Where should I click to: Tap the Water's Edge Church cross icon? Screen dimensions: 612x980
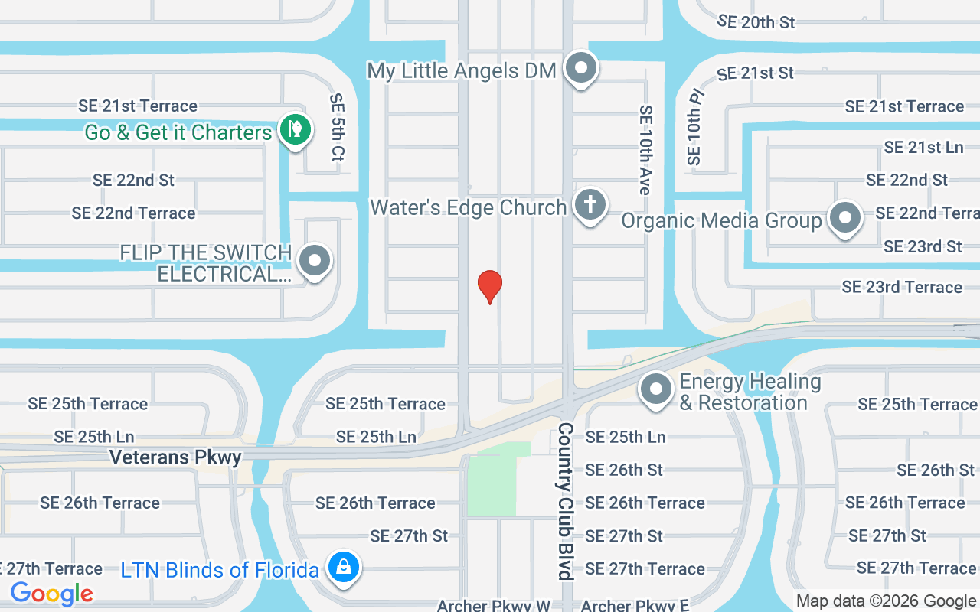pyautogui.click(x=590, y=205)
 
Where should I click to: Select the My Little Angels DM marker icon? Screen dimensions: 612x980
pyautogui.click(x=581, y=69)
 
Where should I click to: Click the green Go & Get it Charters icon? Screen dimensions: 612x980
pyautogui.click(x=295, y=130)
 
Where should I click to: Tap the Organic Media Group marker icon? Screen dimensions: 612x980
pyautogui.click(x=845, y=218)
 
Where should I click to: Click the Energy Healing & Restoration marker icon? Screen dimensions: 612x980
pyautogui.click(x=656, y=390)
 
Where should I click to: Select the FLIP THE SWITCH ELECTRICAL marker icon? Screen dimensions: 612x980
pyautogui.click(x=314, y=261)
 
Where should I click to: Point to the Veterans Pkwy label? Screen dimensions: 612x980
pyautogui.click(x=175, y=457)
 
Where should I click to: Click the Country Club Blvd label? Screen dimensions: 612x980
pyautogui.click(x=566, y=501)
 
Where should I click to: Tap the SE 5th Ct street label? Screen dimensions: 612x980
pyautogui.click(x=337, y=127)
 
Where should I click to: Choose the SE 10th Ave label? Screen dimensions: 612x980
pyautogui.click(x=645, y=150)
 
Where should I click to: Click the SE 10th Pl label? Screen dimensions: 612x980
pyautogui.click(x=695, y=127)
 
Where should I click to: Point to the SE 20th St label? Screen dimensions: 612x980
pyautogui.click(x=756, y=22)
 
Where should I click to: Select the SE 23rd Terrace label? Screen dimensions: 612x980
pyautogui.click(x=901, y=287)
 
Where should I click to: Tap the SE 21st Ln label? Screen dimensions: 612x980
pyautogui.click(x=923, y=147)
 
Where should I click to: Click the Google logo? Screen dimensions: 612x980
pyautogui.click(x=52, y=594)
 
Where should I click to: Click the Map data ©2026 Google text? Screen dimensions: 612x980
pyautogui.click(x=886, y=601)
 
